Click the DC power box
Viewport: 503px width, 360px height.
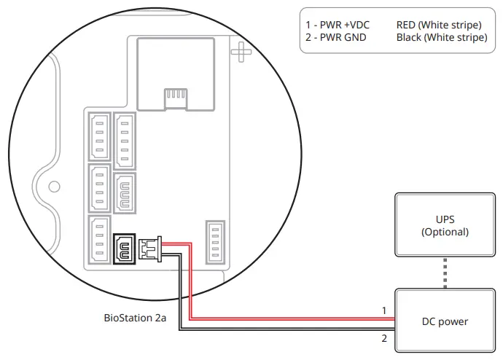pyautogui.click(x=445, y=321)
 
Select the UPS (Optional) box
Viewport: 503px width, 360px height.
pyautogui.click(x=445, y=225)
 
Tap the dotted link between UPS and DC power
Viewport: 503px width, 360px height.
pyautogui.click(x=445, y=273)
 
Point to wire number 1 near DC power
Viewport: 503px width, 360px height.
pyautogui.click(x=383, y=310)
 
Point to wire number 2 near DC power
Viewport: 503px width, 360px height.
pyautogui.click(x=383, y=338)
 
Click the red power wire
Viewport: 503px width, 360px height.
pyautogui.click(x=292, y=318)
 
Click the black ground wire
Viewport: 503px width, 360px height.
pyautogui.click(x=292, y=330)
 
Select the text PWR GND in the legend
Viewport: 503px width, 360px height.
pyautogui.click(x=340, y=37)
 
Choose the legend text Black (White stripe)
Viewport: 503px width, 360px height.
pyautogui.click(x=442, y=37)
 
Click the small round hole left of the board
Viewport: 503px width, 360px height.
pyautogui.click(x=54, y=187)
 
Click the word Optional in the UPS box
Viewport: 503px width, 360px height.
pyautogui.click(x=445, y=232)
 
